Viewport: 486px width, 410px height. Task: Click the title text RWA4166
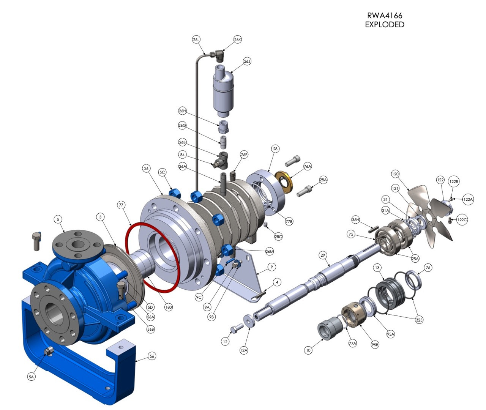(384, 16)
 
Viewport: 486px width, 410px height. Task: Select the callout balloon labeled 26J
(247, 61)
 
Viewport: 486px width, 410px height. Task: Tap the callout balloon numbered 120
(395, 174)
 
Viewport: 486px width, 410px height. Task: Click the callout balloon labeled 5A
(32, 377)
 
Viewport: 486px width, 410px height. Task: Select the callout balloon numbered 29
(323, 255)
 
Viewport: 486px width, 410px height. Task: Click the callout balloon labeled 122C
(462, 219)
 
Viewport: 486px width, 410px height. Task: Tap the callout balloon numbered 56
(152, 356)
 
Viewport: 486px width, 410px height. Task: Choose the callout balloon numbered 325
(419, 320)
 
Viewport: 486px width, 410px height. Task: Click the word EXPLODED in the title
(384, 25)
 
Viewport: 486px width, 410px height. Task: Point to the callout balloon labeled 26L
(196, 39)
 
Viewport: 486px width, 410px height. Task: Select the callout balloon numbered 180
(169, 307)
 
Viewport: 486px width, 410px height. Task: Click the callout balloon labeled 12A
(244, 350)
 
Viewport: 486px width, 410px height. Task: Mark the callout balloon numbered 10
(308, 350)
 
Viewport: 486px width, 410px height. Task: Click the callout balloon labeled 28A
(323, 180)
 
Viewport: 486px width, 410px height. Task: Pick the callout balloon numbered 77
(121, 205)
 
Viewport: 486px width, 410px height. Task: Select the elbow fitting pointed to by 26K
(219, 56)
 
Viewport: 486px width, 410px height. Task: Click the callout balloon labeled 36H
(355, 220)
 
